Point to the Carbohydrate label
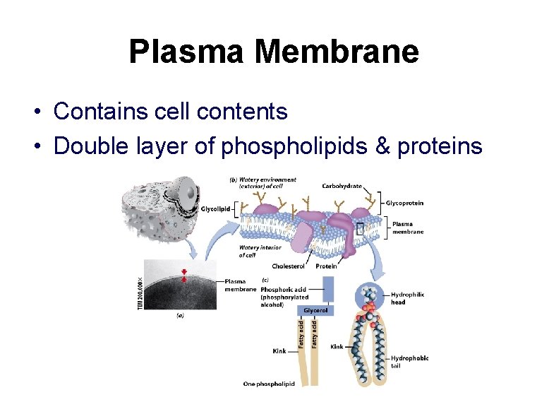coord(342,187)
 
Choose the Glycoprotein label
coord(404,203)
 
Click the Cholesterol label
coord(288,266)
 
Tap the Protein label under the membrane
coord(326,266)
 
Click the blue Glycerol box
coord(316,310)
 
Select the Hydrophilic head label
coord(408,298)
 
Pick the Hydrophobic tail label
coord(409,362)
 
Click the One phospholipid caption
coord(268,384)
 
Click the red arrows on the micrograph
coord(186,276)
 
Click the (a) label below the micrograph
coord(181,316)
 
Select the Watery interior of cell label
coord(260,251)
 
